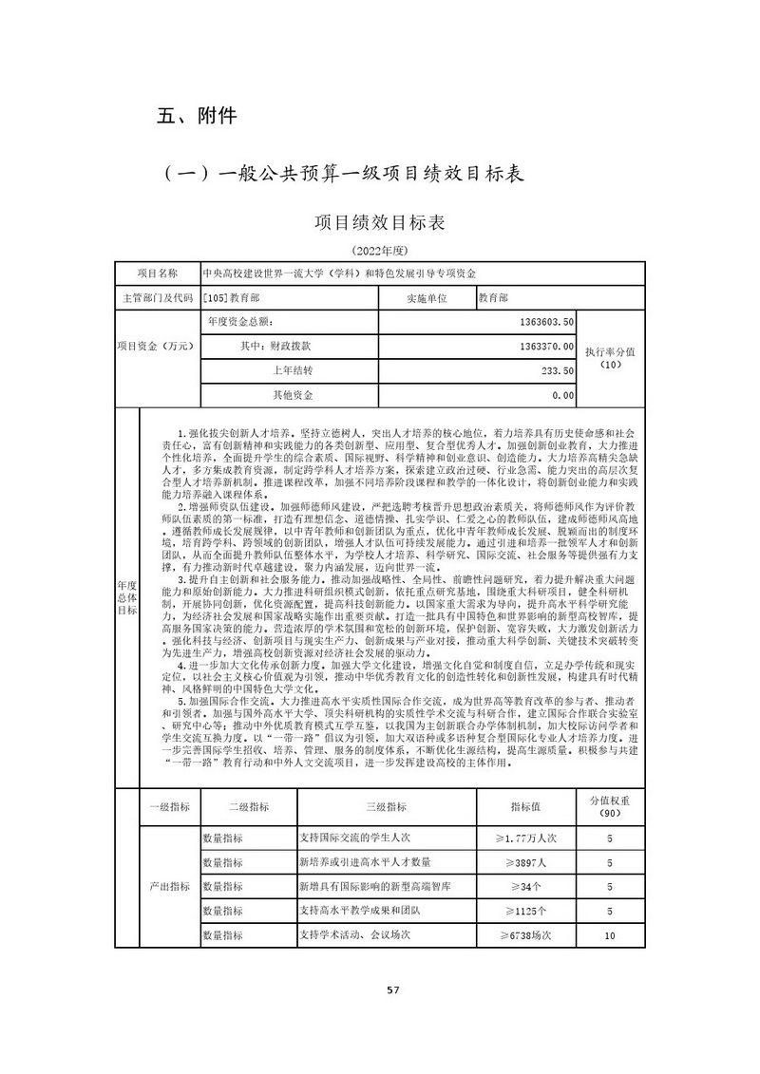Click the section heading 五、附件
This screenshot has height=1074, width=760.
point(197,117)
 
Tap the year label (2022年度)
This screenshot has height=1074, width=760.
point(379,251)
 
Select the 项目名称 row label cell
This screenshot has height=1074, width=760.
point(157,273)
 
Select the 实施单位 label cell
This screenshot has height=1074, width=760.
point(425,297)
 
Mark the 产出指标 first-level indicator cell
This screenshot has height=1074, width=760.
point(169,886)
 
